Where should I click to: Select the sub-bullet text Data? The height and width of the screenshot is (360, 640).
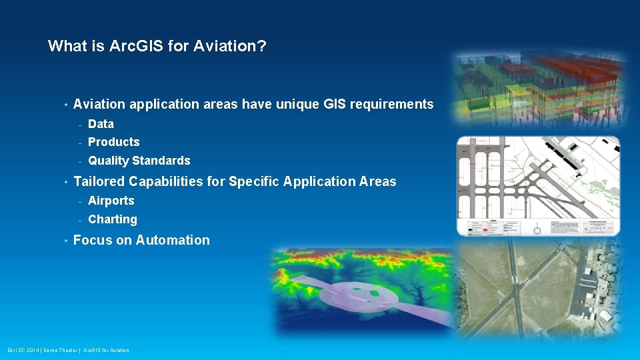coord(101,124)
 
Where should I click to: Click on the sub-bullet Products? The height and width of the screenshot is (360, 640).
coord(113,142)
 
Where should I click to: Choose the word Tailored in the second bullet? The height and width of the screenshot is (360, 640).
coord(99,181)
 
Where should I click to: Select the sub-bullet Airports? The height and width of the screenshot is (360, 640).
coord(111,201)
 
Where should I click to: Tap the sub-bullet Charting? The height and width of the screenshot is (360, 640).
coord(112,219)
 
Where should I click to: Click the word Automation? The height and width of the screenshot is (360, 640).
coord(173,240)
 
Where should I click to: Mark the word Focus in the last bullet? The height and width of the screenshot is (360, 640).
coord(92,240)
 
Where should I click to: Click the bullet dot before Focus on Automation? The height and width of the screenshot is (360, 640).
coord(65,240)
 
